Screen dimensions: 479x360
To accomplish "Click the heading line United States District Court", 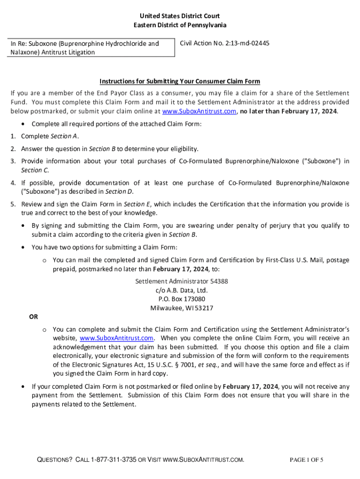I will point(180,16).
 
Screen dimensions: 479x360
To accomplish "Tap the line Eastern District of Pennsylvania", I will point(180,25).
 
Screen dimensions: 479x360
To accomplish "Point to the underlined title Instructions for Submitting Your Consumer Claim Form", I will point(180,81).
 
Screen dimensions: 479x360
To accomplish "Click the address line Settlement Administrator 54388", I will point(181,282).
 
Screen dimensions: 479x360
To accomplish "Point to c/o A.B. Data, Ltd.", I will point(181,290).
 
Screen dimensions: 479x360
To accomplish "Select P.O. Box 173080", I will point(181,299).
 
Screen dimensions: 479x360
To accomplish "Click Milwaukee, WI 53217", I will point(181,308).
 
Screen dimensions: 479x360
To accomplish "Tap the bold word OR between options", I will point(34,317).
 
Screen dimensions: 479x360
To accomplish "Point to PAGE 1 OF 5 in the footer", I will point(306,460).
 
